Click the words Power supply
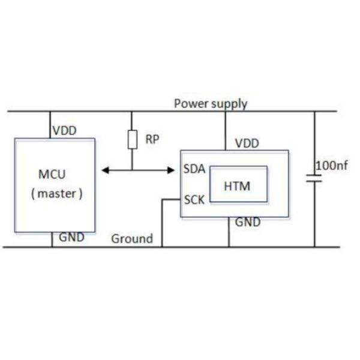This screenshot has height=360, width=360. click(x=210, y=103)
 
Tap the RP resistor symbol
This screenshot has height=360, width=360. click(x=133, y=140)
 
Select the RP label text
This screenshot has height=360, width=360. click(x=152, y=140)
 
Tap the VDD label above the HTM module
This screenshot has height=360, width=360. click(x=247, y=143)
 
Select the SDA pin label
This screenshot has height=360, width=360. click(x=194, y=169)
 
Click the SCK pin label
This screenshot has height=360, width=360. click(x=194, y=199)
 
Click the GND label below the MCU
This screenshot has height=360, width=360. click(x=71, y=237)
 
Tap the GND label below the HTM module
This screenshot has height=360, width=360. click(x=247, y=223)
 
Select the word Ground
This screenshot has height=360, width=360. click(x=132, y=239)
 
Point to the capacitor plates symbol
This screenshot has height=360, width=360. click(x=314, y=178)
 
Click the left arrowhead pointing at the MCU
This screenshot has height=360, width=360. click(x=104, y=171)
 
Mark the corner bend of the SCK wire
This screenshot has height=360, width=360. click(x=162, y=200)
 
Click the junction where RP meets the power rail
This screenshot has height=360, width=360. click(x=133, y=112)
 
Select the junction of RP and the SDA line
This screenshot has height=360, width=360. click(x=133, y=171)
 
